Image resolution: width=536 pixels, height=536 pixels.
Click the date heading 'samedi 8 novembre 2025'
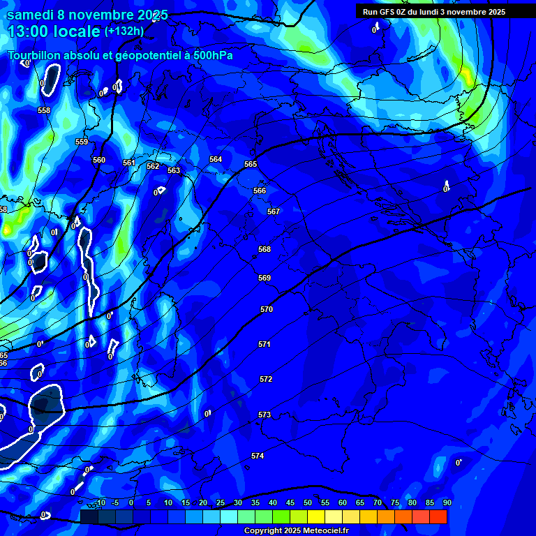coord(87,15)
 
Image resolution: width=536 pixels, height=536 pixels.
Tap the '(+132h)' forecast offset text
coord(124,31)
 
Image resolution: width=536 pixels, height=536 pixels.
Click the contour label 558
coord(44,110)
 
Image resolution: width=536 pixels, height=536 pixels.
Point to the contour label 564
coord(216,159)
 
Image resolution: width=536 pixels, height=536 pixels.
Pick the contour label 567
coord(274,211)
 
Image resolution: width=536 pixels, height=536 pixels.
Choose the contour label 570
coord(267,309)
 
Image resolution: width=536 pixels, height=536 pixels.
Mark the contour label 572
coord(266,379)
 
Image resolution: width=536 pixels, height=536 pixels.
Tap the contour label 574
coord(258,456)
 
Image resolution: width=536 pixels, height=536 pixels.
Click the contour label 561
coord(129,163)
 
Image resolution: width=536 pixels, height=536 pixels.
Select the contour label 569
coord(265,278)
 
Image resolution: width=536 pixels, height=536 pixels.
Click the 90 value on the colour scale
coord(447,502)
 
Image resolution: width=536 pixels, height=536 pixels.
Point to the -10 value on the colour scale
coord(99,502)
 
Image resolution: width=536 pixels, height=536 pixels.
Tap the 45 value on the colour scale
coord(290,502)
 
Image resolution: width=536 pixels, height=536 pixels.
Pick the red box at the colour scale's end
coord(438,516)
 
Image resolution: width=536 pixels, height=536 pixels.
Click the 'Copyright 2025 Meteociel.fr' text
coord(297,530)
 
